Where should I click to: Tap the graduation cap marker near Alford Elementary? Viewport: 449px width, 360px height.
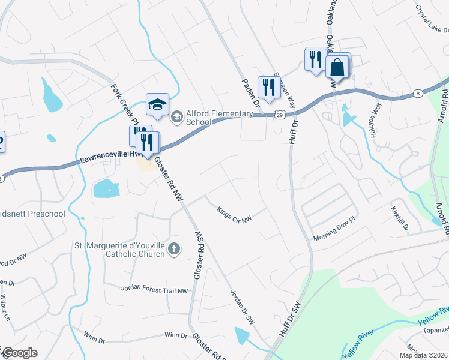pyautogui.click(x=157, y=105)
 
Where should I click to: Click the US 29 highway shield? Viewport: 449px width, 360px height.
pyautogui.click(x=279, y=113)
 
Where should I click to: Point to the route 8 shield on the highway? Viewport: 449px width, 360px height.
pyautogui.click(x=417, y=94)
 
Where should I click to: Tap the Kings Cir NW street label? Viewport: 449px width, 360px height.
pyautogui.click(x=234, y=214)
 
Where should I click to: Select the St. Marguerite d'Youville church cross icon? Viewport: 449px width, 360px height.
pyautogui.click(x=173, y=248)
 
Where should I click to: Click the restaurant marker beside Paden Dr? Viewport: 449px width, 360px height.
pyautogui.click(x=268, y=87)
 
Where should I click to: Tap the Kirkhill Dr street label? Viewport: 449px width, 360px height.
pyautogui.click(x=400, y=219)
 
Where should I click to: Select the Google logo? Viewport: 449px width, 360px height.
pyautogui.click(x=20, y=353)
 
